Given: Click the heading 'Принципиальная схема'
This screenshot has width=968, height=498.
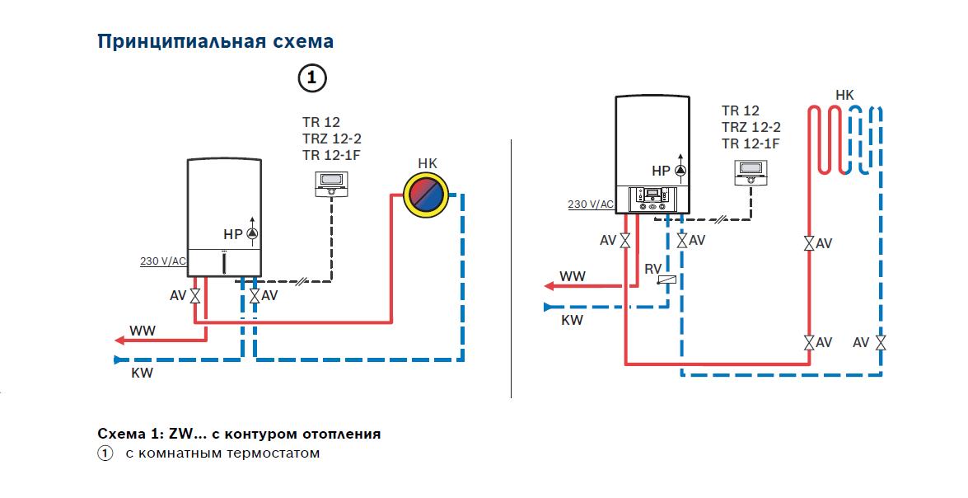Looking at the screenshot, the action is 216,42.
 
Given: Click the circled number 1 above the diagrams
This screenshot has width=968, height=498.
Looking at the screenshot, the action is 311,78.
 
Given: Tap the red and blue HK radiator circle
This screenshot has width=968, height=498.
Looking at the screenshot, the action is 426,195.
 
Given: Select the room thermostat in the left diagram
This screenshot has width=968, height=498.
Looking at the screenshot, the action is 332,184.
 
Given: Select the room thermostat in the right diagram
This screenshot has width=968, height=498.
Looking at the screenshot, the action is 751,172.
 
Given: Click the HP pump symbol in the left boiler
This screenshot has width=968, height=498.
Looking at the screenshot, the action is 252,233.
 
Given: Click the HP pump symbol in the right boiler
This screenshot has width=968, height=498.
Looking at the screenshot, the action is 680,171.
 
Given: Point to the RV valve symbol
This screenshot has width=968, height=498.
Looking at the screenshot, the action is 666,280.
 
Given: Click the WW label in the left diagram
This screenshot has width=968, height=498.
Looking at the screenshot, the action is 143,331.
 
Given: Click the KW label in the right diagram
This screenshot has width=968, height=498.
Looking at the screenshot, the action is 572,320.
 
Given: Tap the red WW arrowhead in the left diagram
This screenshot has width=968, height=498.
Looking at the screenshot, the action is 120,340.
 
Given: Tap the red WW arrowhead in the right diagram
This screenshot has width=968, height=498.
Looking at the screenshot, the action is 549,286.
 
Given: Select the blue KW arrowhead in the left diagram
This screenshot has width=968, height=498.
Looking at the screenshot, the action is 118,359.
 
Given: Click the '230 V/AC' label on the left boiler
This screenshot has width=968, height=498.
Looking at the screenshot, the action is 163,261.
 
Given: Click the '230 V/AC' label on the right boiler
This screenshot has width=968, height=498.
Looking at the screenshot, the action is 591,204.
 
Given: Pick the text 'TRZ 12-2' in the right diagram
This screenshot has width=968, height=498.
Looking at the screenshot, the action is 751,127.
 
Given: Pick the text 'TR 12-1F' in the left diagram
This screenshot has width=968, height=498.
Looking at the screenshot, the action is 331,155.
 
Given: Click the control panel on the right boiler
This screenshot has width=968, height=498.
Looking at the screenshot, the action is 652,199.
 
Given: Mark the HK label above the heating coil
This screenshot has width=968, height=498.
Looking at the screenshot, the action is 844,95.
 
